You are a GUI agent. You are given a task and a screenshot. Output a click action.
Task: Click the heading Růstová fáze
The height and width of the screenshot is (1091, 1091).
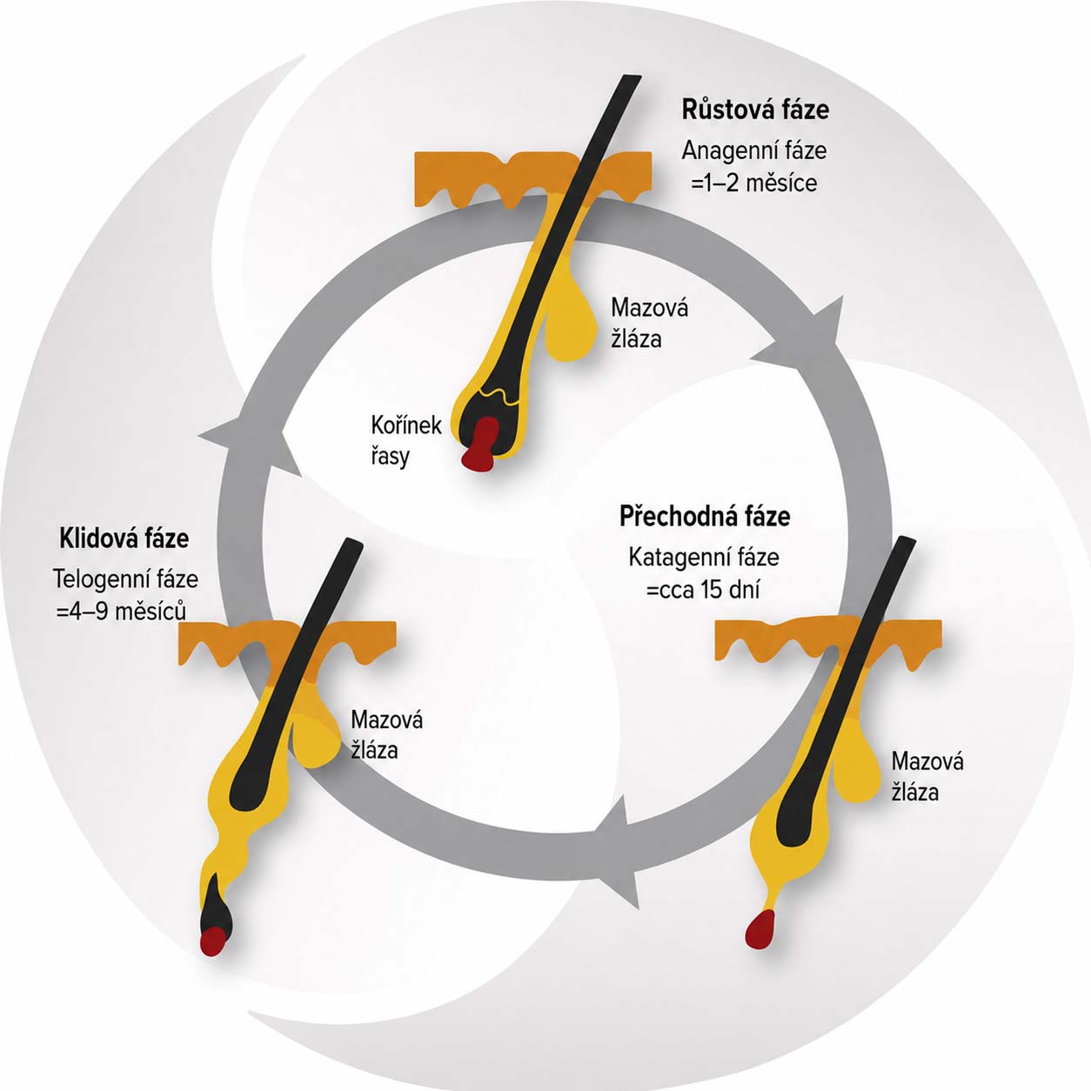pos(755,110)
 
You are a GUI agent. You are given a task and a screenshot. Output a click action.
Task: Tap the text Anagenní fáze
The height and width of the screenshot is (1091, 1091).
pos(754,151)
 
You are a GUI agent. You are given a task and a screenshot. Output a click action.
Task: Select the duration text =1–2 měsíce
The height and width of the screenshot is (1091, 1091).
pos(753,184)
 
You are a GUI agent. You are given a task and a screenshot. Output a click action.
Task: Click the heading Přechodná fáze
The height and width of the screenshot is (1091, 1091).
pos(705,516)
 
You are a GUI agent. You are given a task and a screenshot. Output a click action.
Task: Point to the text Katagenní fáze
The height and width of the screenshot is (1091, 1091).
pos(704,558)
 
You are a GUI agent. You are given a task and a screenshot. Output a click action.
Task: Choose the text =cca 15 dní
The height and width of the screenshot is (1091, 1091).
pos(703,590)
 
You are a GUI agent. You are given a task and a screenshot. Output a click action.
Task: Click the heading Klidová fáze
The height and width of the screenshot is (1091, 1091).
pos(124,538)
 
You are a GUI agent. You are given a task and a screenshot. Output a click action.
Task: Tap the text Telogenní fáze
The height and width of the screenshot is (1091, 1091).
pos(125,579)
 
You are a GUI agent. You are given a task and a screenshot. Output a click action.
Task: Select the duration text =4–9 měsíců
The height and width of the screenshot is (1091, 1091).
pos(122,612)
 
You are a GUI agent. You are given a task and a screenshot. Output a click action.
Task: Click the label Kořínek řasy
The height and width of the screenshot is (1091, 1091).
pos(406,440)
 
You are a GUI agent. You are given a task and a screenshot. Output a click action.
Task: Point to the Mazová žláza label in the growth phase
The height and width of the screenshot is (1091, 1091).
pos(649,324)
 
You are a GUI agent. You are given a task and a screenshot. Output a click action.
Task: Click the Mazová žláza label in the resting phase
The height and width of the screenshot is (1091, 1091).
pos(386,735)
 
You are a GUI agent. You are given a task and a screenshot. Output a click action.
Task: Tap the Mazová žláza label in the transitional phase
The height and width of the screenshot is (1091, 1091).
pos(927,776)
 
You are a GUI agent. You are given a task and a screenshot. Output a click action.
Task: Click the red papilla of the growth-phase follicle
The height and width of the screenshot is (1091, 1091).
pos(480,445)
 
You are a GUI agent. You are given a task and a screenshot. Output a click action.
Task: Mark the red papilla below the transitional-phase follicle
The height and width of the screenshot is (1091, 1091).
pos(760,930)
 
